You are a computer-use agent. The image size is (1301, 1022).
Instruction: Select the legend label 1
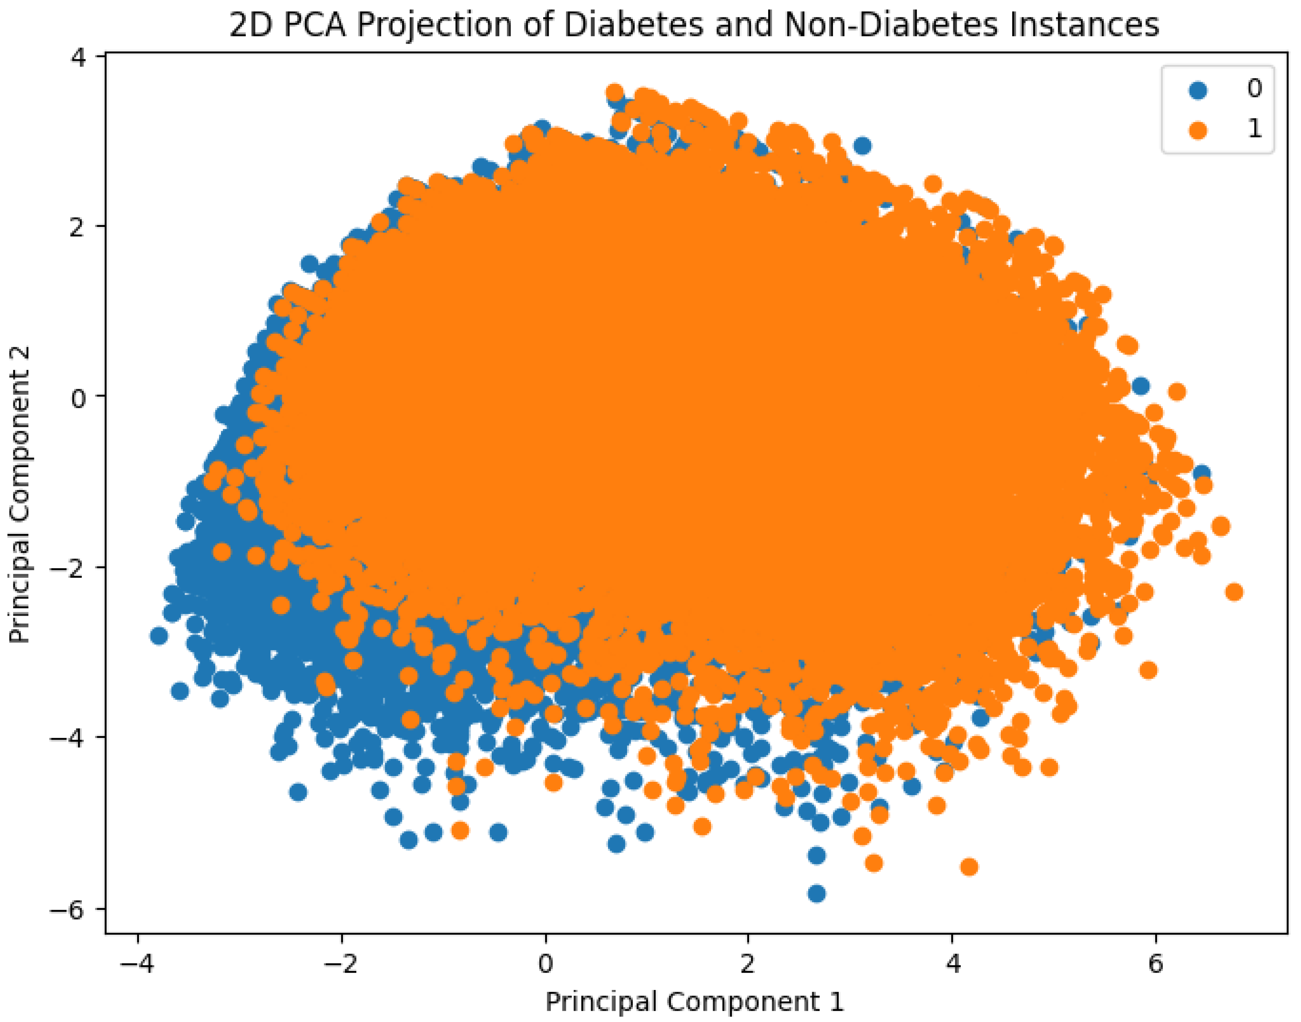1254,129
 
